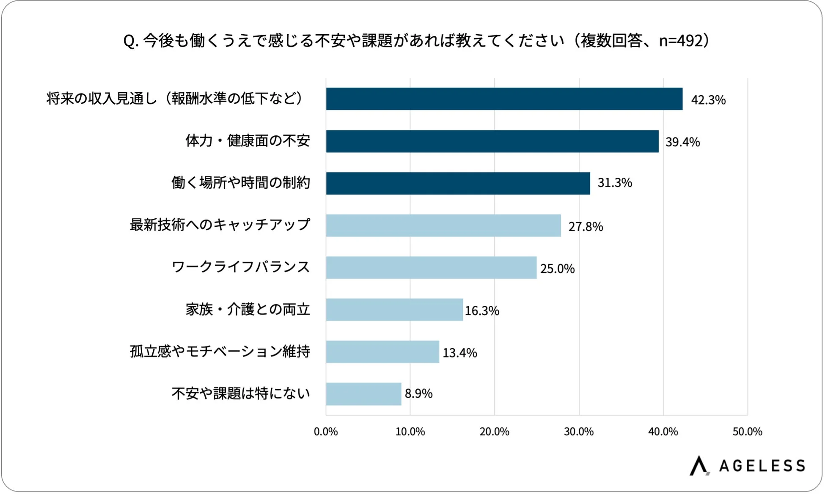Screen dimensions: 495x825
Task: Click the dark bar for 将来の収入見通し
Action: (503, 99)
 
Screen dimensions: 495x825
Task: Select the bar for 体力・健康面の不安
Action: (492, 141)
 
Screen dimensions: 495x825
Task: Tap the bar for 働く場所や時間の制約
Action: (457, 183)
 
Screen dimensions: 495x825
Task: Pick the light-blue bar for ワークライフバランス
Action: (431, 267)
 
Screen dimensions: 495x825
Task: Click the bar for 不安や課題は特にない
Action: (363, 394)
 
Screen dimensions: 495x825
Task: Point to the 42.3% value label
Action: (708, 100)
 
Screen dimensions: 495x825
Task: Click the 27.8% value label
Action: (585, 227)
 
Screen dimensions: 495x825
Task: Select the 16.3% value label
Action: (481, 311)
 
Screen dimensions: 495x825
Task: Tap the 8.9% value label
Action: (418, 394)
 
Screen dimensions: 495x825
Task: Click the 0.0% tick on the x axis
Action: (325, 432)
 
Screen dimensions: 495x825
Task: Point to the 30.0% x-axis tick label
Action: (578, 432)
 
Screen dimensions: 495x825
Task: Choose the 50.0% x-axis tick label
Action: (747, 432)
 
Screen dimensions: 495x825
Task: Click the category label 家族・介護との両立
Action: (247, 310)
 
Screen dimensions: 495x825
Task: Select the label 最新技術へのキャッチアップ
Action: (220, 225)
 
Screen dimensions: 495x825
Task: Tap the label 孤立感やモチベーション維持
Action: (220, 352)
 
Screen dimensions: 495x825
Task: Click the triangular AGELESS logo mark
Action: (698, 465)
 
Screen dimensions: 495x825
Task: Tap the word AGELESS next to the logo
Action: (762, 466)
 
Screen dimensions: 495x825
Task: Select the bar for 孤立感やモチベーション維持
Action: (382, 352)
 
